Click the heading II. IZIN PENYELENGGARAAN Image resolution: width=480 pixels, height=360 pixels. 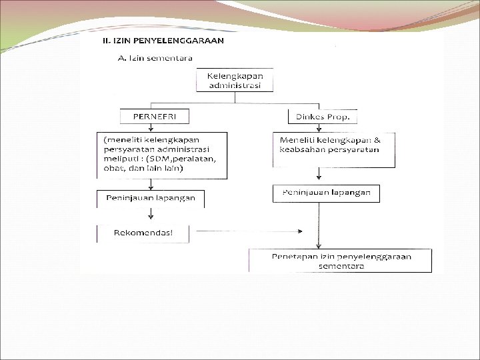(163, 41)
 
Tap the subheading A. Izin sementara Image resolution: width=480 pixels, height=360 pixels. (155, 58)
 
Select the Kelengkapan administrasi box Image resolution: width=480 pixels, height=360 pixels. (235, 81)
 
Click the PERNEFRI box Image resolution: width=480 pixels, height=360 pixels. (154, 117)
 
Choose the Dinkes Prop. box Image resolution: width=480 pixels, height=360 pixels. (323, 117)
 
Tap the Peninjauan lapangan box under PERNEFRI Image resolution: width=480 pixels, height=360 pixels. (150, 199)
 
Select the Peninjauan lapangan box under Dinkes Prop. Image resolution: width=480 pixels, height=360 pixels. (327, 193)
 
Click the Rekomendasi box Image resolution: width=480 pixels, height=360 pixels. (143, 233)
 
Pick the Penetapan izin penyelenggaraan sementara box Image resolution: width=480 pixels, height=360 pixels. (340, 261)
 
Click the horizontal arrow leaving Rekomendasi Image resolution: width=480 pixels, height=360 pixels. (247, 231)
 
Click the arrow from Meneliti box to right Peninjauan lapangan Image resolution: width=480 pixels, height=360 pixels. (319, 175)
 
